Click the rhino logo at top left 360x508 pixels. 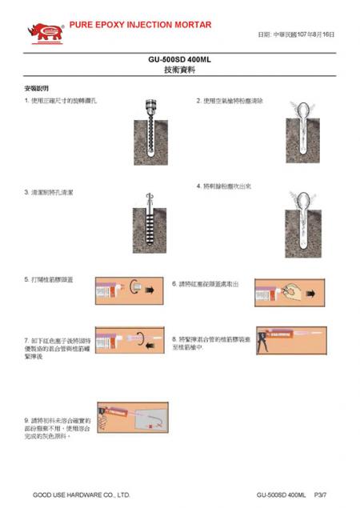[43, 32]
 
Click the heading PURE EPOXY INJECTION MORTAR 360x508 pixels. [140, 25]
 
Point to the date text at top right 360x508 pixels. [295, 35]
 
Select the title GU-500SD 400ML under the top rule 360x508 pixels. [179, 60]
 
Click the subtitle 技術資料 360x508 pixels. [179, 70]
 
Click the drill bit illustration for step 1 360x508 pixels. [149, 132]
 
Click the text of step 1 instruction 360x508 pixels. [61, 101]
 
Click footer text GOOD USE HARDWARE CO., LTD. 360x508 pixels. [81, 494]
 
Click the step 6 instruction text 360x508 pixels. [206, 284]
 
